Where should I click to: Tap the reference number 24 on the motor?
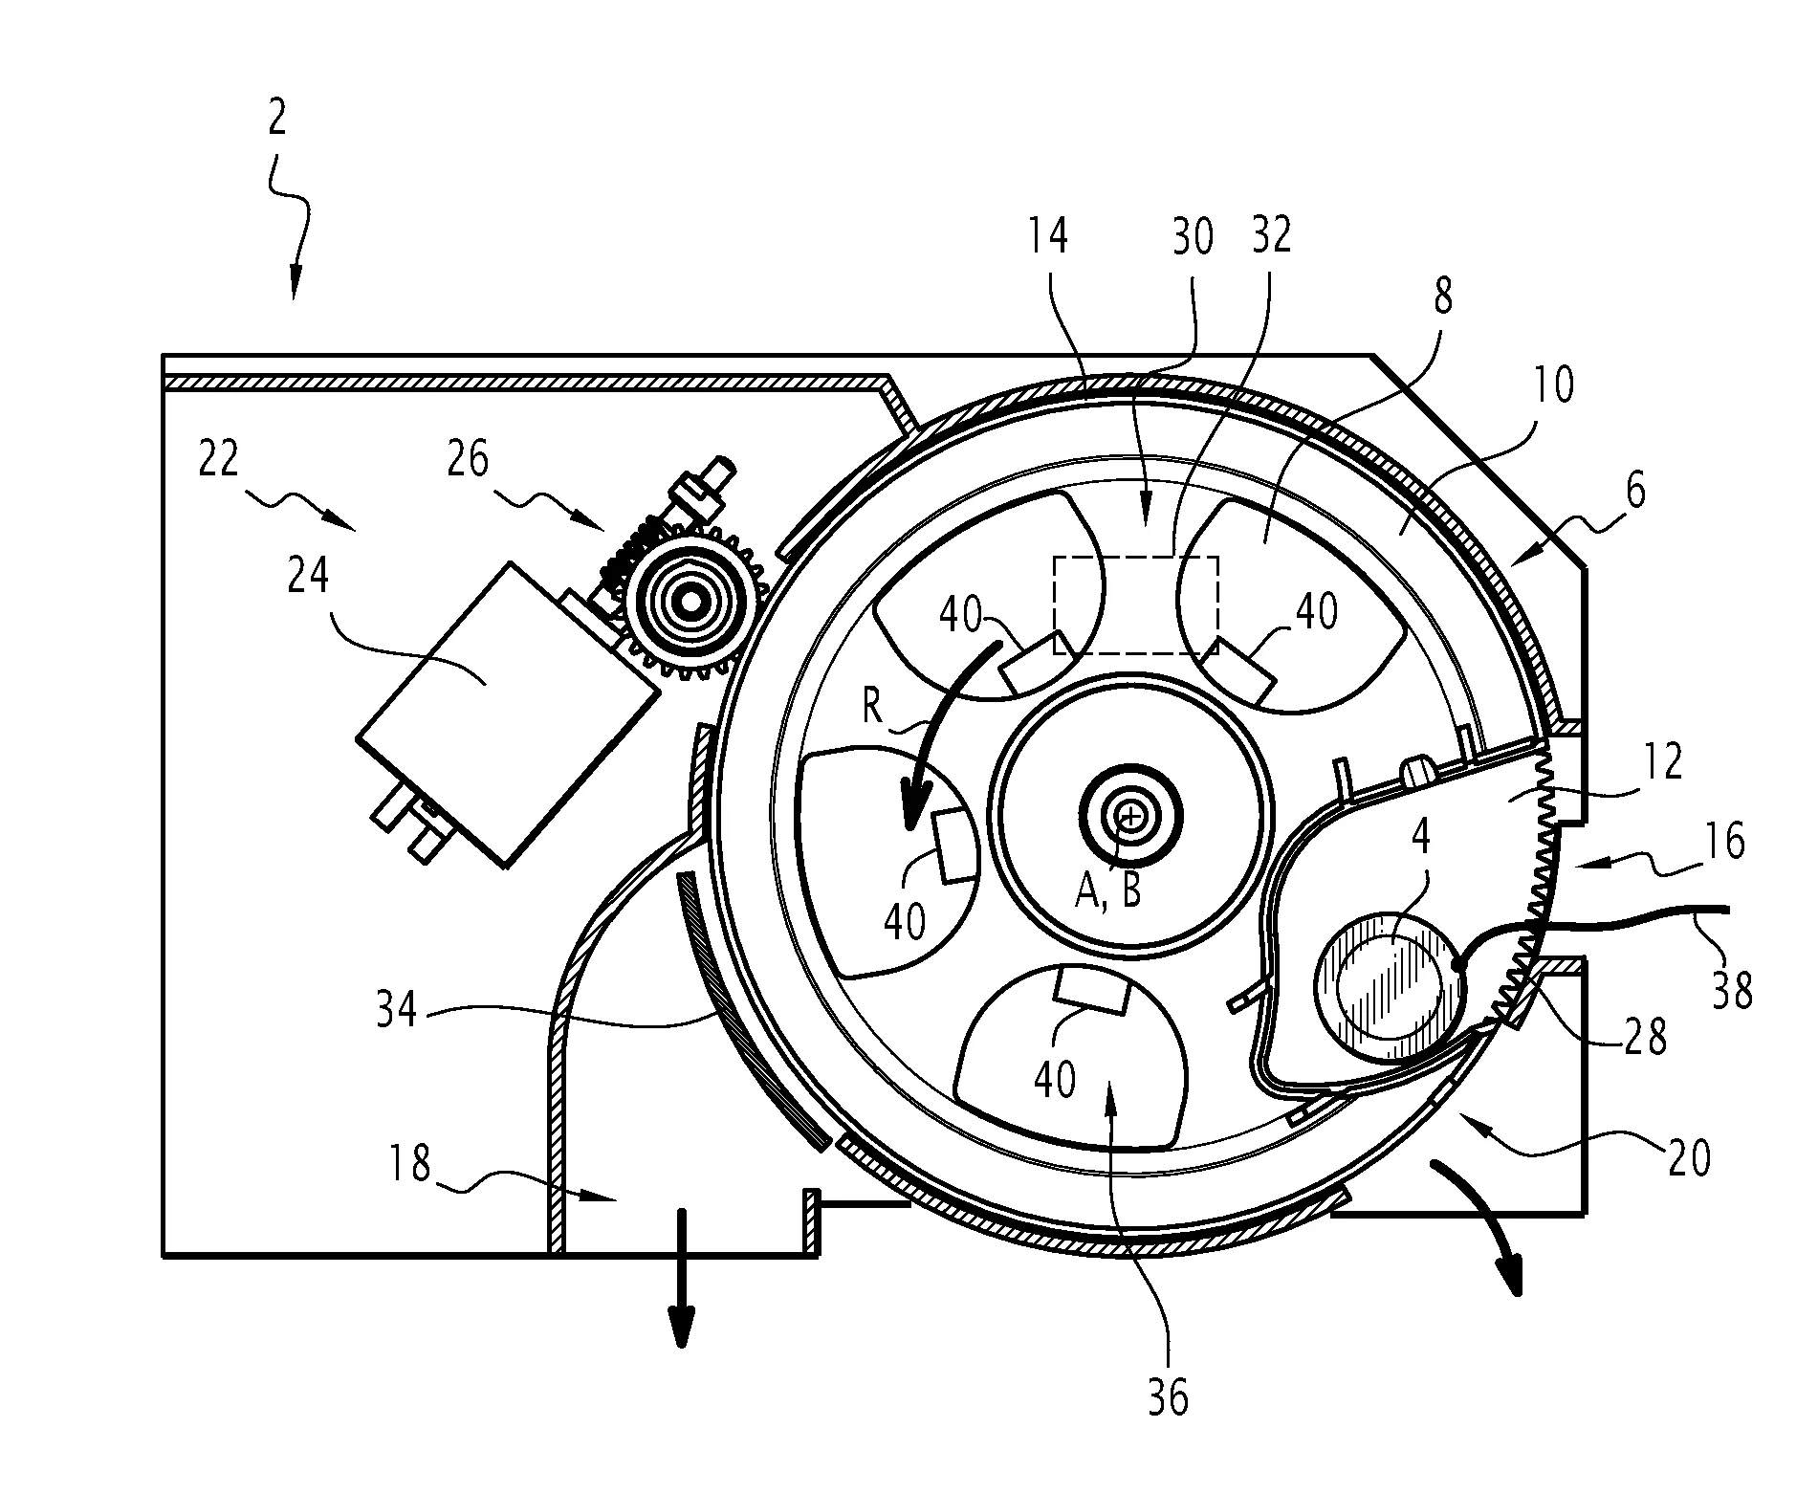[308, 578]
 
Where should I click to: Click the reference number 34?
[396, 1010]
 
